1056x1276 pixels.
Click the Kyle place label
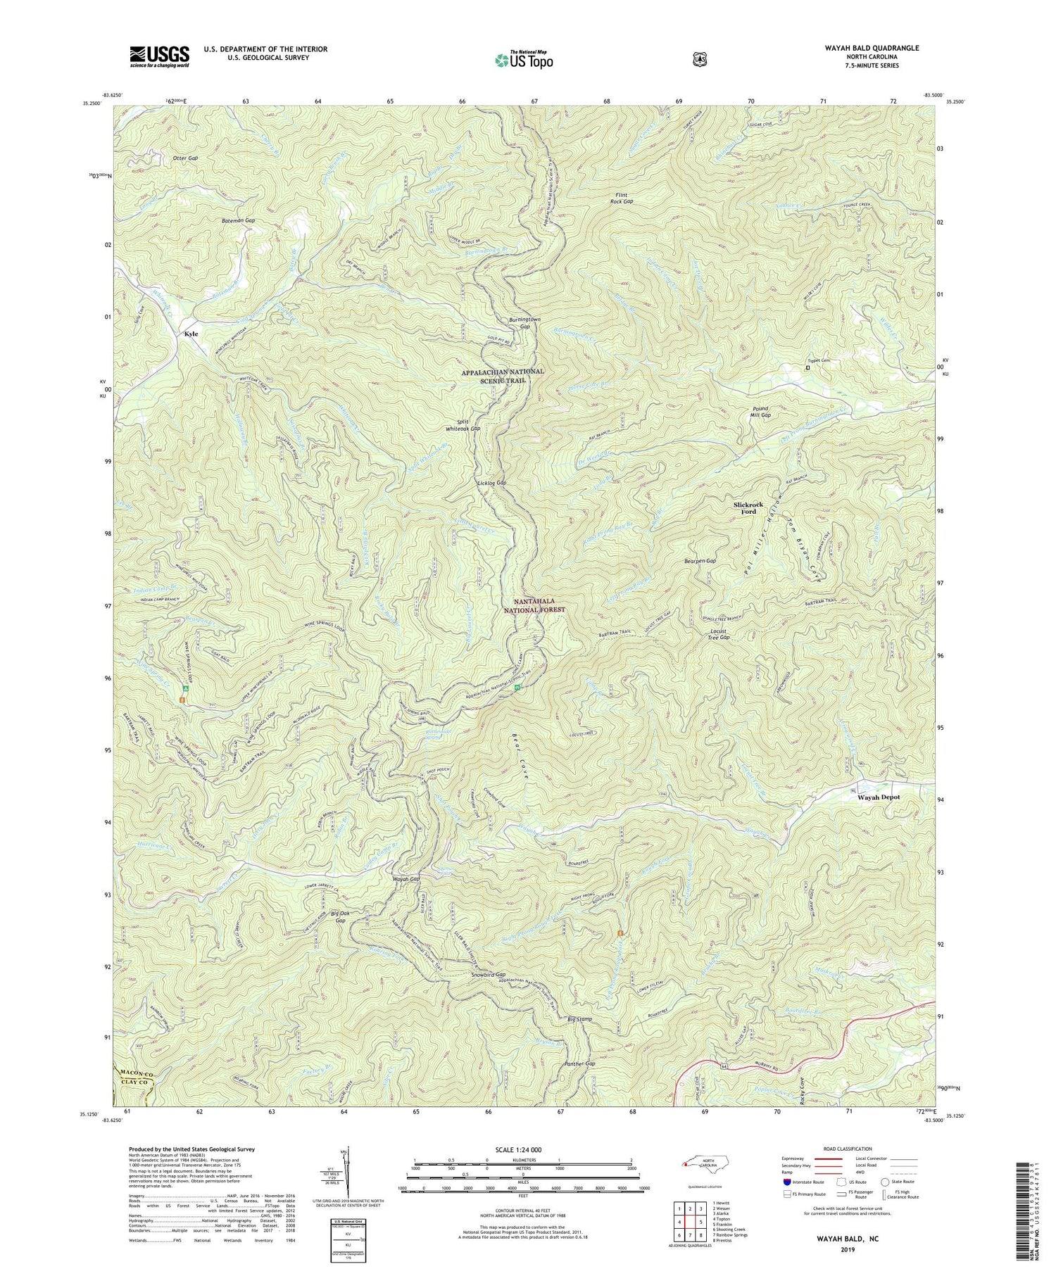(191, 334)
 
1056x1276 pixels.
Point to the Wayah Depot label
(878, 797)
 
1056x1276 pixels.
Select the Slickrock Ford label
(748, 508)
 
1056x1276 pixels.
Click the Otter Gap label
(185, 158)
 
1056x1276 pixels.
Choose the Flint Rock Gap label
(622, 197)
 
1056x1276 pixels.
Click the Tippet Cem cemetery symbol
(807, 367)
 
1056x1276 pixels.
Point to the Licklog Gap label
(492, 484)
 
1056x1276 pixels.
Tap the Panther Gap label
(580, 1064)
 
